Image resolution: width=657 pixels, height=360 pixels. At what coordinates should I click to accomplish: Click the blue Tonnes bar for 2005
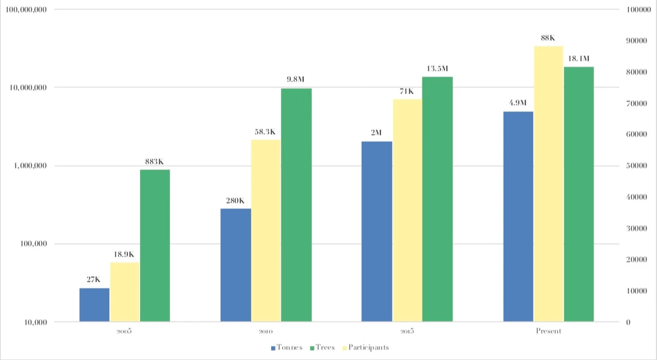tap(94, 305)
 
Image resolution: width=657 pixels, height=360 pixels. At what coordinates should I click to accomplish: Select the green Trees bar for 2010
tap(296, 205)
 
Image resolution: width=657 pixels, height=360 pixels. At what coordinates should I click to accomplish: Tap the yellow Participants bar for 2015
tap(407, 210)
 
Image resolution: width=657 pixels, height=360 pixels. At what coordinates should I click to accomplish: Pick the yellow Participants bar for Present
tap(548, 184)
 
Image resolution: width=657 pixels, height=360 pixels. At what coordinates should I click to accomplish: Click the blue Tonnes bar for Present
tap(518, 217)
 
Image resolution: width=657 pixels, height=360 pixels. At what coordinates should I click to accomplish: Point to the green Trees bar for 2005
tap(155, 246)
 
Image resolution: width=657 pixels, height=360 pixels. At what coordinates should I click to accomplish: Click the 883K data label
tap(155, 162)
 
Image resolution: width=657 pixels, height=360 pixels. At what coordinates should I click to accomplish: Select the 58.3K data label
tap(265, 132)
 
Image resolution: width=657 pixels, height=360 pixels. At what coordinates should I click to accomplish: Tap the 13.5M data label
tap(437, 69)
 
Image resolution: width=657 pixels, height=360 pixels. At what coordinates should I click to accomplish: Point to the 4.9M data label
tap(517, 103)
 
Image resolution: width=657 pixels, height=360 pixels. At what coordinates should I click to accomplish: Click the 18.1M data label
tap(579, 59)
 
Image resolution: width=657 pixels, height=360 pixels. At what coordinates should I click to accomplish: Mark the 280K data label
tap(235, 200)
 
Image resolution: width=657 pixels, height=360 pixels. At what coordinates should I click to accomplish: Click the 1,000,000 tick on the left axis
tap(28, 166)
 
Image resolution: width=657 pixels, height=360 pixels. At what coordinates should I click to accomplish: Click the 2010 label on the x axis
tap(266, 332)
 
